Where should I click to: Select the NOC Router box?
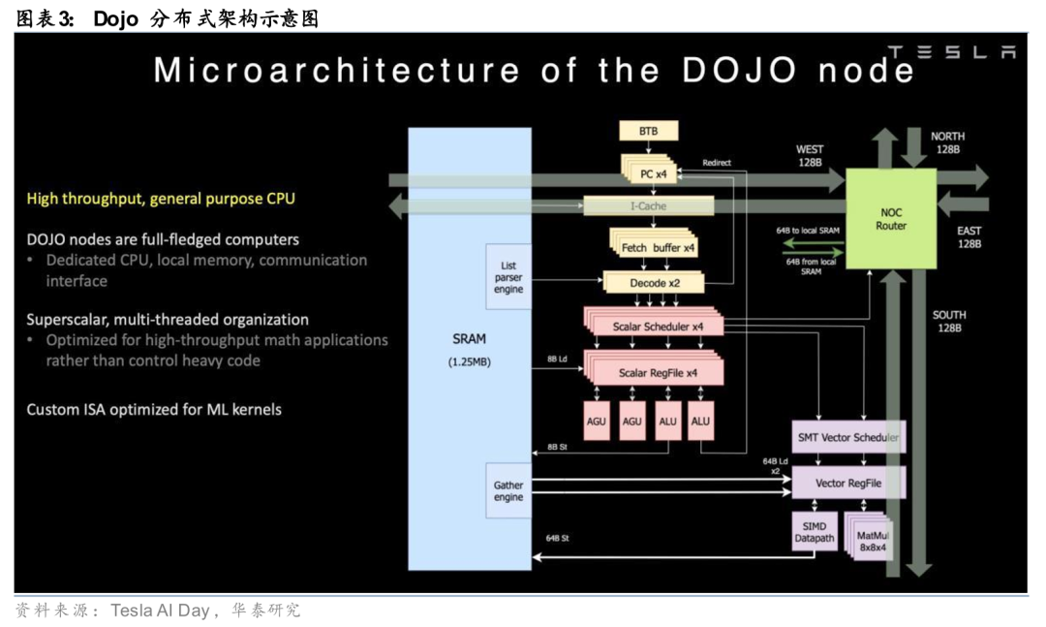tap(891, 218)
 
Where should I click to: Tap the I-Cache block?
tap(648, 205)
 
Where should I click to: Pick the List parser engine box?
tap(508, 276)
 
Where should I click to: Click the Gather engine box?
tap(508, 490)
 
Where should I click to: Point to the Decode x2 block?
tap(654, 283)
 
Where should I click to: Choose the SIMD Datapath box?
tap(814, 531)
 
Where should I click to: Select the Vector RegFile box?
tap(848, 482)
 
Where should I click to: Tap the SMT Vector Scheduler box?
tap(848, 438)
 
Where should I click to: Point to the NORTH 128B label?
tap(947, 142)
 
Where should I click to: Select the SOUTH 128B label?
tap(949, 322)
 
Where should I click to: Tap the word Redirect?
tap(717, 163)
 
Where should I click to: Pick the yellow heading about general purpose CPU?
tap(161, 199)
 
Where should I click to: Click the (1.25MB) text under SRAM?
tap(470, 361)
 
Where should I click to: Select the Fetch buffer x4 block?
tap(658, 248)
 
